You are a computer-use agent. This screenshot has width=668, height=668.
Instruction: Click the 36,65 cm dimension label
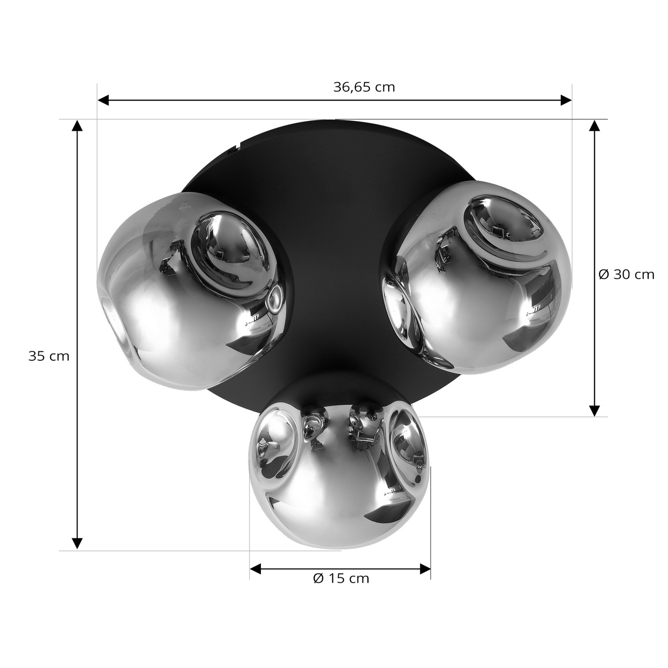pos(364,87)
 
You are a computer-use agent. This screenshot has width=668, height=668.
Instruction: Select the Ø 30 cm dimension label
pos(626,274)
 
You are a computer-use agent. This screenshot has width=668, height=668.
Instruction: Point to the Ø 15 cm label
pos(341,578)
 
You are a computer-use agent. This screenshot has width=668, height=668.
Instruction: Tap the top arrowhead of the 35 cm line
pos(77,126)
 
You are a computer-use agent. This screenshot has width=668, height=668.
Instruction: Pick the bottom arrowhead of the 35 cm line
pos(77,544)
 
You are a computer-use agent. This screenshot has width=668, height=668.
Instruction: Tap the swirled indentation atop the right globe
pos(503,232)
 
